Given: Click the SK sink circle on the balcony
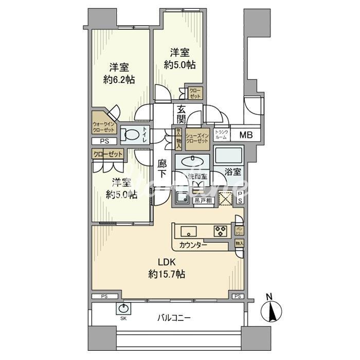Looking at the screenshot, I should coord(123,309).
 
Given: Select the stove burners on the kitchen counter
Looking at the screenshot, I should coord(220,230).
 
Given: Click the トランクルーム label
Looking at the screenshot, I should coord(220,135).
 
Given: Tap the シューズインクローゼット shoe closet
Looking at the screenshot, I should coord(197,138).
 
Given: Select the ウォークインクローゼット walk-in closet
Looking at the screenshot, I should coord(104,127).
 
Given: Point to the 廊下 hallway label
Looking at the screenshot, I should coord(161,170).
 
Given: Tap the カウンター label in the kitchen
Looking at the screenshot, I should coord(194,244).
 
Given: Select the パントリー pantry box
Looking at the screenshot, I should coord(239,227).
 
